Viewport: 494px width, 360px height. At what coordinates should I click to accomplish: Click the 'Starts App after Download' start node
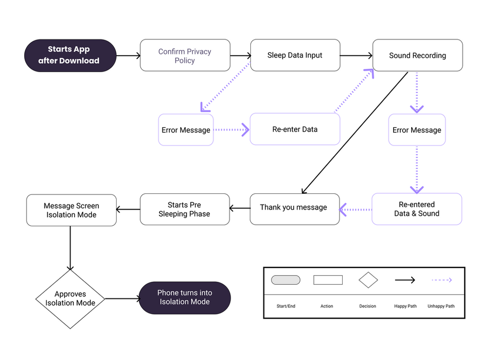pyautogui.click(x=70, y=56)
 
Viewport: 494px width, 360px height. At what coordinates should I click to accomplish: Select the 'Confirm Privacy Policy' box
pyautogui.click(x=185, y=56)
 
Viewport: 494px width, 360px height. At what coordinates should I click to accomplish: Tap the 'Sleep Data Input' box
pyautogui.click(x=295, y=56)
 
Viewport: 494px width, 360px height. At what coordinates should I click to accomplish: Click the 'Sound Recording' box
pyautogui.click(x=417, y=56)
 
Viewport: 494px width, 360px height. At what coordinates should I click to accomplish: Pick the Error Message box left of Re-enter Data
pyautogui.click(x=186, y=130)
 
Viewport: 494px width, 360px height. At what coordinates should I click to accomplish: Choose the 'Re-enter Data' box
pyautogui.click(x=295, y=129)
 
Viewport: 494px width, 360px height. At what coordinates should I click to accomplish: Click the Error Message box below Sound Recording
pyautogui.click(x=417, y=130)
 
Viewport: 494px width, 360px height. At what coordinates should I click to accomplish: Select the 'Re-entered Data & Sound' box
pyautogui.click(x=417, y=209)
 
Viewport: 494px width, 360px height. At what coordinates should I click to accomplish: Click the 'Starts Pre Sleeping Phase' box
pyautogui.click(x=185, y=209)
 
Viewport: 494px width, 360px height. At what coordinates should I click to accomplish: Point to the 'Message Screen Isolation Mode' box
pyautogui.click(x=71, y=210)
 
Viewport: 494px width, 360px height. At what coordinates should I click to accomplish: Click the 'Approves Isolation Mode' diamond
pyautogui.click(x=70, y=298)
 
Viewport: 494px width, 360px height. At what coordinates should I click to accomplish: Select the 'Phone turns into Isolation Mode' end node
pyautogui.click(x=185, y=297)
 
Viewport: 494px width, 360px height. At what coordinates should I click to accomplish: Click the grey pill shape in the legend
pyautogui.click(x=286, y=280)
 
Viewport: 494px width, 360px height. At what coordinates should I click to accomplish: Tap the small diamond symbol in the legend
pyautogui.click(x=368, y=280)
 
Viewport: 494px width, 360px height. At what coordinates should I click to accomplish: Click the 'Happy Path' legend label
pyautogui.click(x=405, y=306)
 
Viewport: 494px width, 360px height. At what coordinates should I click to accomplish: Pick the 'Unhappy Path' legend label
pyautogui.click(x=441, y=306)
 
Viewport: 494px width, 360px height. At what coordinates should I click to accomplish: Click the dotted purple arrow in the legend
pyautogui.click(x=441, y=280)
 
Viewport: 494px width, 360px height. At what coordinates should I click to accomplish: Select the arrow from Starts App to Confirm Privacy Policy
pyautogui.click(x=128, y=56)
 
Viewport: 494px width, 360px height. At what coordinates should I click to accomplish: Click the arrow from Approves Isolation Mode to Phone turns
pyautogui.click(x=122, y=298)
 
